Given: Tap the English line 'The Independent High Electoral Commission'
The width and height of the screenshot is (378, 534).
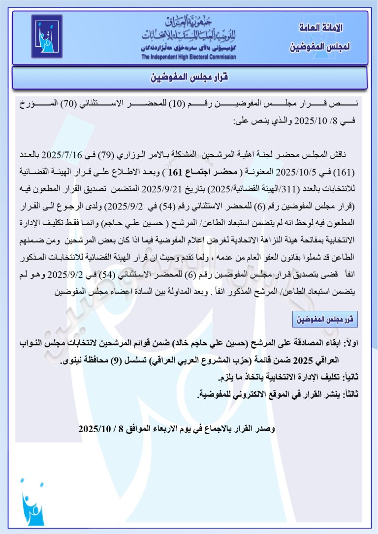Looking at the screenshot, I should pos(189,57).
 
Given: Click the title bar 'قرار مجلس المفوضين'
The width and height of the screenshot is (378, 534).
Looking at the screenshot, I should pos(189,78).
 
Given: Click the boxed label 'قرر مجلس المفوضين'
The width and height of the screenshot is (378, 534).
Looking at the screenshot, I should pos(325,320).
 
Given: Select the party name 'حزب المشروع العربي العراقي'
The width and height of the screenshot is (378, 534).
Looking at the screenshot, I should pos(208,361).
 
